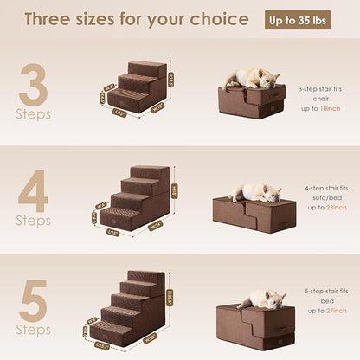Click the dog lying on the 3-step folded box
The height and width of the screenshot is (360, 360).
coord(250,78)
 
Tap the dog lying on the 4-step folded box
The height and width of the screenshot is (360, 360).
coord(255,192)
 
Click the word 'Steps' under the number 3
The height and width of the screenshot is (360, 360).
coord(33,113)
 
